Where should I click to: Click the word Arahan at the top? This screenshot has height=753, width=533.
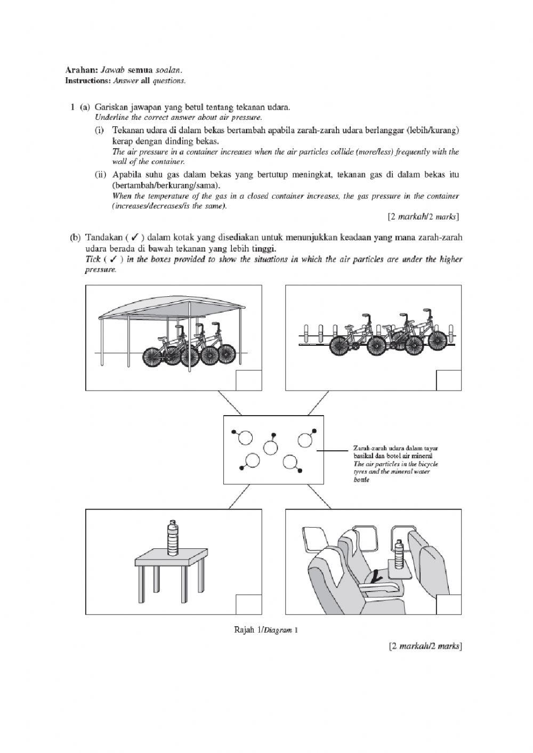click(x=77, y=70)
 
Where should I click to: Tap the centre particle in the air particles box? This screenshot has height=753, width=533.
click(x=271, y=446)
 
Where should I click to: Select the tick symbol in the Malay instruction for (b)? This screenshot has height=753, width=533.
click(x=135, y=238)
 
